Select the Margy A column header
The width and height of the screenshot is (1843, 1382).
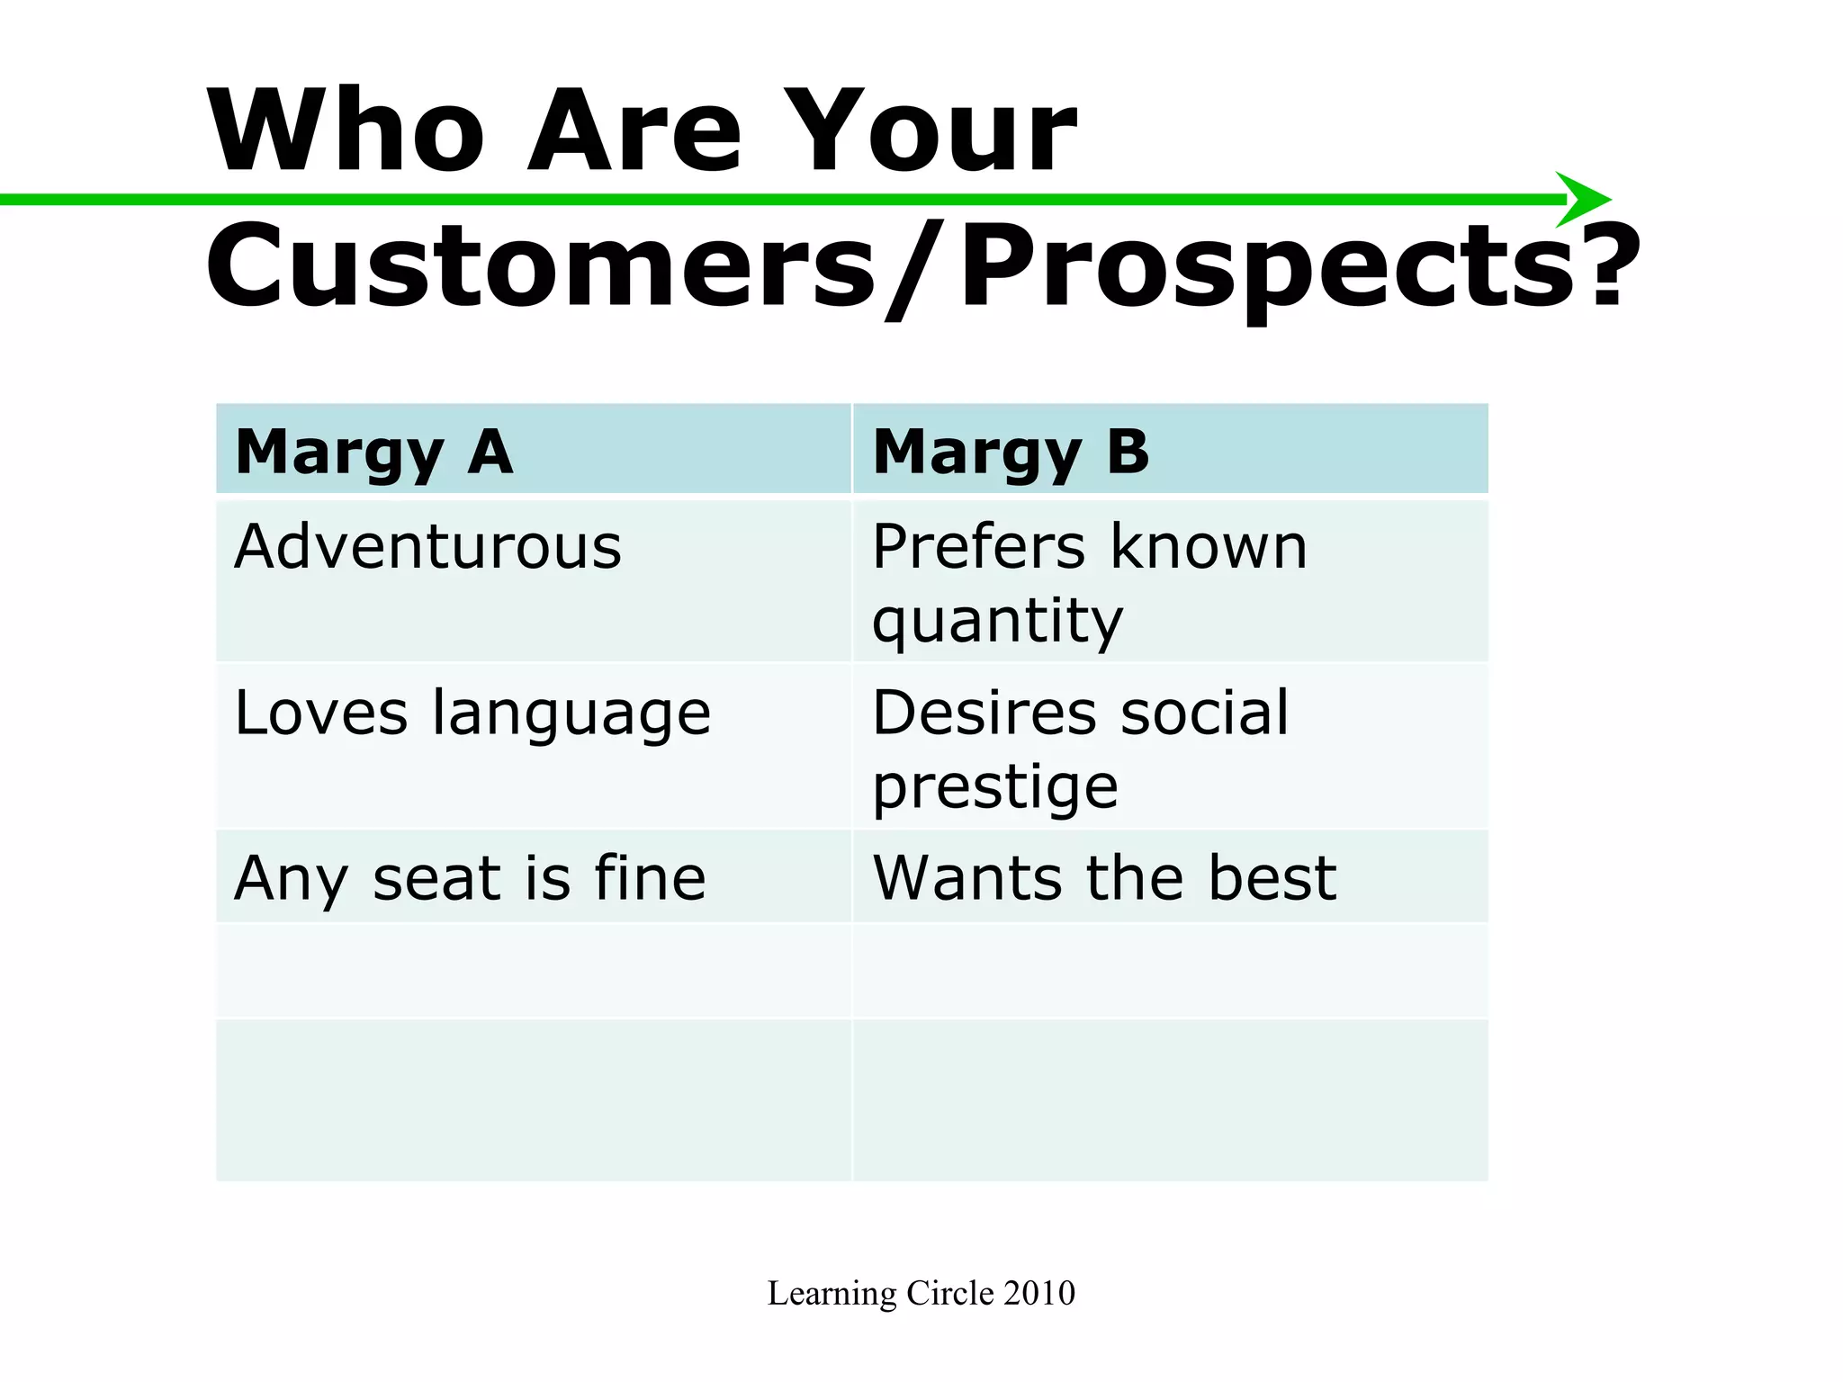374,452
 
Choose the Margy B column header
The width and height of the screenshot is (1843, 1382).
1011,452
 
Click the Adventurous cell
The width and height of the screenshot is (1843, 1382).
427,547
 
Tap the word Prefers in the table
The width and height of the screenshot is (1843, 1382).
978,547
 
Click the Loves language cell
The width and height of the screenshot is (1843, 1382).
472,713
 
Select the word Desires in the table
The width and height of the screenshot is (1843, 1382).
984,713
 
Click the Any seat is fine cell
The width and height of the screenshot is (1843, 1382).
470,878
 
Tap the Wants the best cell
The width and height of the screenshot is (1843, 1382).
1104,878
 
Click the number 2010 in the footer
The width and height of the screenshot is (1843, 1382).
1039,1293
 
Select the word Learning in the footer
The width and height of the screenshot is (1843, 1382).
832,1293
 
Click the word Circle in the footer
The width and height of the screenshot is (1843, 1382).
949,1293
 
